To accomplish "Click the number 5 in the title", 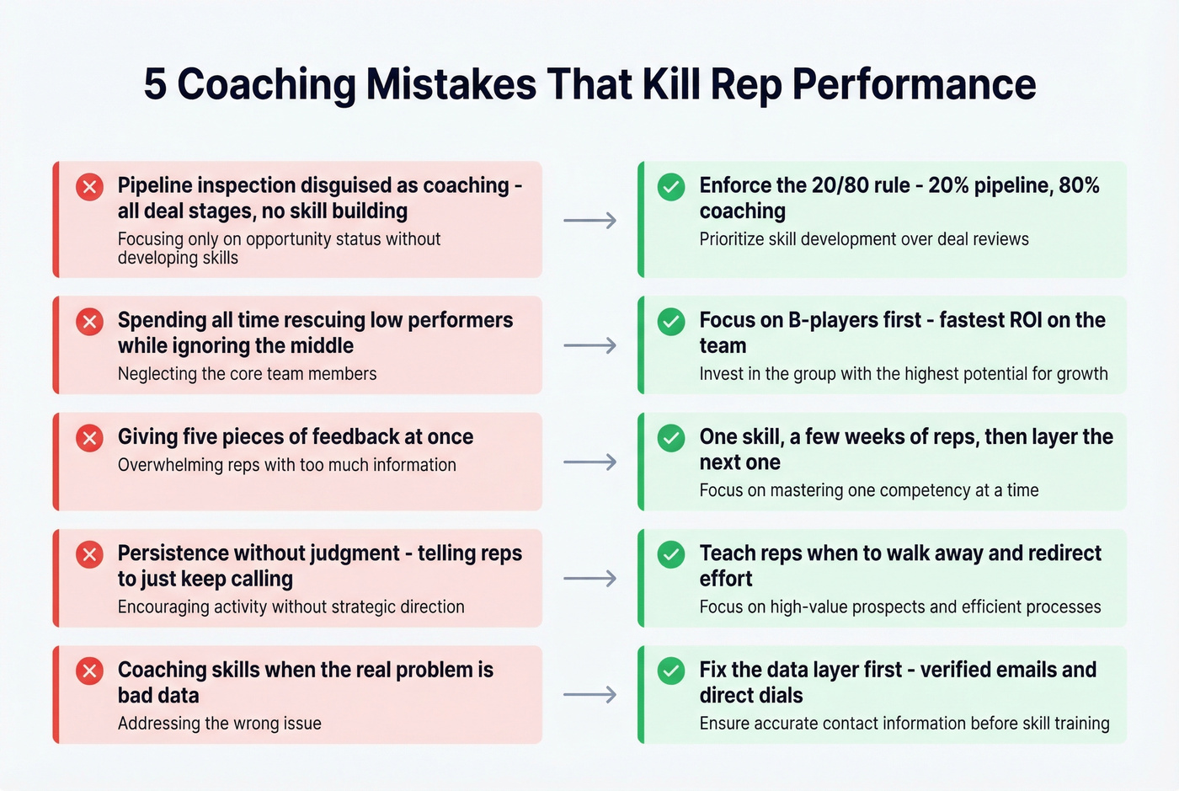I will pyautogui.click(x=155, y=84).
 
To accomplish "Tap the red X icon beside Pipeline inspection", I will pyautogui.click(x=90, y=186).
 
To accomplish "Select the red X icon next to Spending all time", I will pyautogui.click(x=90, y=321).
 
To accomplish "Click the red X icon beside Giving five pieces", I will pyautogui.click(x=90, y=437).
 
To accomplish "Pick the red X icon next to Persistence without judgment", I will pyautogui.click(x=90, y=554).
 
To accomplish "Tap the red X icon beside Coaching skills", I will pyautogui.click(x=90, y=671).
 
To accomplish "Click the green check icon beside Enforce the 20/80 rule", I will pyautogui.click(x=671, y=186).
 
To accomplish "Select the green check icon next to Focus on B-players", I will pyautogui.click(x=671, y=321).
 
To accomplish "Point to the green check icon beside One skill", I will pyautogui.click(x=671, y=437).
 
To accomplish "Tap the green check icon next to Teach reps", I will pyautogui.click(x=671, y=554).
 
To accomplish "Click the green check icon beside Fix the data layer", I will pyautogui.click(x=671, y=671).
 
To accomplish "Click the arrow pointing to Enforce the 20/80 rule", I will pyautogui.click(x=589, y=221).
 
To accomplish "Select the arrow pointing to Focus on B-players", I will pyautogui.click(x=589, y=345).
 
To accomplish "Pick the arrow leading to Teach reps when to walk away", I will pyautogui.click(x=589, y=579).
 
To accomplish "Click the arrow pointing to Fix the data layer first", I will pyautogui.click(x=589, y=695).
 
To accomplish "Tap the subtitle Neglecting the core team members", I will pyautogui.click(x=247, y=374).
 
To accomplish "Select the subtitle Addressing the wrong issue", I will pyautogui.click(x=219, y=724).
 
